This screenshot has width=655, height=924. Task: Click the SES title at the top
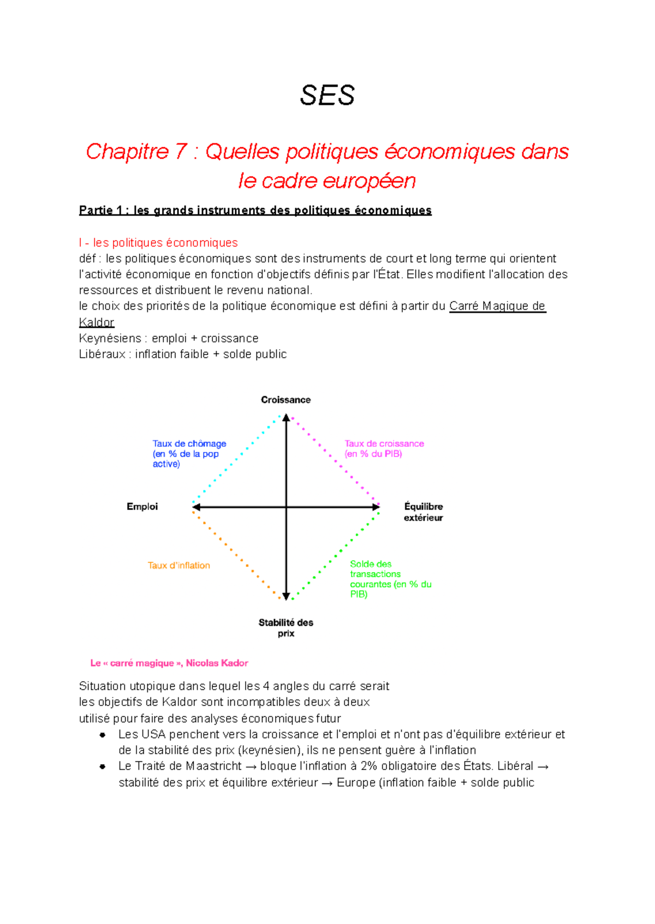[x=327, y=95]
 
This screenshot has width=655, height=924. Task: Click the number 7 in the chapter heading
[x=181, y=152]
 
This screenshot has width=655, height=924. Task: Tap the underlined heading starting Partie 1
[x=255, y=211]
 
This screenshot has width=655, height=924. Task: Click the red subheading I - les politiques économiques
[x=158, y=243]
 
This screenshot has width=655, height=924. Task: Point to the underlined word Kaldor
[x=97, y=322]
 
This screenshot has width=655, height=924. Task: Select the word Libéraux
[x=102, y=355]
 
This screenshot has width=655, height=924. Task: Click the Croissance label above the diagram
[x=285, y=400]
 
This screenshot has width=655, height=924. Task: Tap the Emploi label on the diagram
[x=142, y=507]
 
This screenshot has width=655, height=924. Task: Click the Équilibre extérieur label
[x=423, y=512]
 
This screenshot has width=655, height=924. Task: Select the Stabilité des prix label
[x=285, y=628]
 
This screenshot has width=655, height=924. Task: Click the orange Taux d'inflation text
[x=178, y=566]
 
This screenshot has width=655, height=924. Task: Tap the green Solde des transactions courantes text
[x=390, y=579]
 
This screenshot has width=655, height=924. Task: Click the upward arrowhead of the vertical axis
[x=286, y=418]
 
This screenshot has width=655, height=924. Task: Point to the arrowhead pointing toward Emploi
[x=196, y=507]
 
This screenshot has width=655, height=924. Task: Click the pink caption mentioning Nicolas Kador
[x=169, y=663]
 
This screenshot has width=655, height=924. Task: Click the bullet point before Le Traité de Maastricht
[x=102, y=766]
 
